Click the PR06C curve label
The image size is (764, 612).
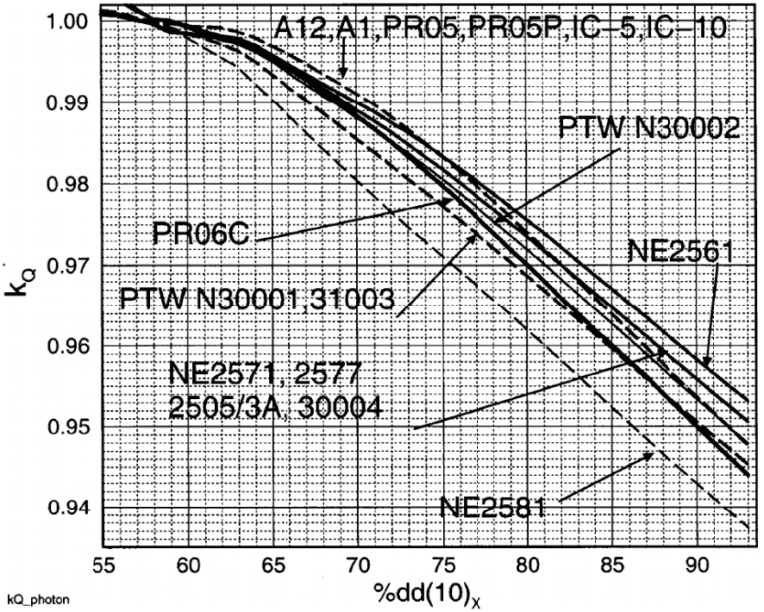(x=200, y=235)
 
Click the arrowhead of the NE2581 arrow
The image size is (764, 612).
(x=649, y=454)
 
